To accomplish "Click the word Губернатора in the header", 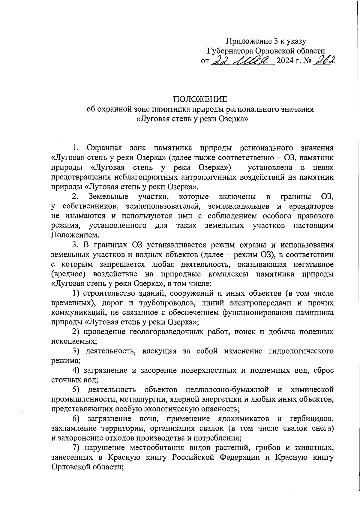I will click(228, 51).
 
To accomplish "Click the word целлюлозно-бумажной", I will click(227, 390).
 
